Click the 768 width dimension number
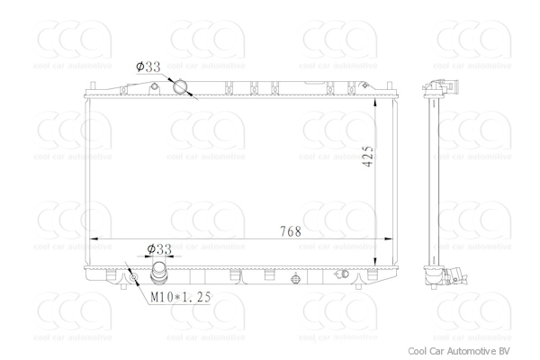pos(291,231)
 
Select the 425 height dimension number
pos(367,157)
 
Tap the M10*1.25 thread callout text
pos(181,297)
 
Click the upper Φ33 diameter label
pos(148,67)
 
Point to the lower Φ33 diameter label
pos(159,248)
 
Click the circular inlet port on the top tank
pos(180,86)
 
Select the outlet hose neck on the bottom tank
pos(159,274)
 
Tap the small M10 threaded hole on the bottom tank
pos(133,277)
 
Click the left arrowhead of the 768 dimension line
pos(94,238)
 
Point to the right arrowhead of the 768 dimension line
pos(388,238)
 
